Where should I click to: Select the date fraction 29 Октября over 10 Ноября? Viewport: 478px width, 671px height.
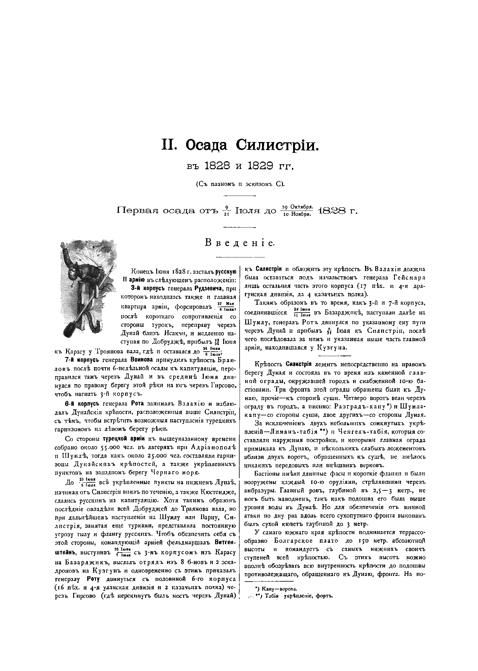point(297,211)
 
